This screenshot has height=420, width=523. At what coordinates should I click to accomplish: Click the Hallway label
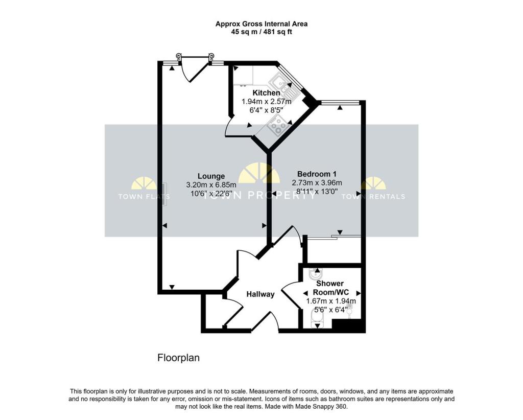pos(260,294)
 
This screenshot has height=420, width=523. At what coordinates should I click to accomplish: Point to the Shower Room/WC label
pos(330,288)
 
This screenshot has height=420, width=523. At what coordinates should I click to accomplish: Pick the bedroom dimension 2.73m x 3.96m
pos(317,183)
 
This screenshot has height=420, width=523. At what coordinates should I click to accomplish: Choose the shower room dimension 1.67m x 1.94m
pos(330,301)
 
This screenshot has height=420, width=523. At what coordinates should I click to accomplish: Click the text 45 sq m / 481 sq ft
pos(261,32)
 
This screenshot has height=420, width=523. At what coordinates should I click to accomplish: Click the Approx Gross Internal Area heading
pos(261,24)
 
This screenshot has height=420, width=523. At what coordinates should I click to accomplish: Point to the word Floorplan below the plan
pos(178,358)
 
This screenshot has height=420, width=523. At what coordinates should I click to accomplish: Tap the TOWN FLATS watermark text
pos(144,196)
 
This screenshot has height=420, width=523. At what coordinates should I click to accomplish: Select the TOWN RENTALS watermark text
pos(373,196)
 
